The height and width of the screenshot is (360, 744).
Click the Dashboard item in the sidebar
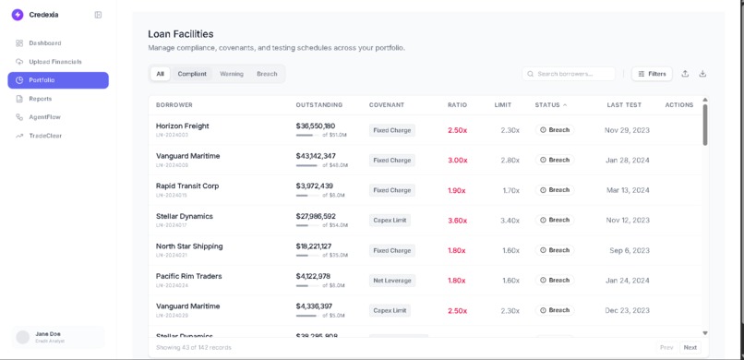[44, 43]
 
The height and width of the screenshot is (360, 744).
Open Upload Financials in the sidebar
[54, 62]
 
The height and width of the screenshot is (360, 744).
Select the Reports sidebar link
[40, 99]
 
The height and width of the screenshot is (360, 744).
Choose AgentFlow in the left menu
[44, 117]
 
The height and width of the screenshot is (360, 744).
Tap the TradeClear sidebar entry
[45, 136]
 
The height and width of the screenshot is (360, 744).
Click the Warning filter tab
[232, 74]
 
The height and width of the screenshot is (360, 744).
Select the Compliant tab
[192, 74]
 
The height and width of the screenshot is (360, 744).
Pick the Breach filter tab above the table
[267, 74]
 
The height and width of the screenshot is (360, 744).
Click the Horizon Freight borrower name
[182, 126]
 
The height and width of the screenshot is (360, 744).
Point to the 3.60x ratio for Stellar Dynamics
[457, 221]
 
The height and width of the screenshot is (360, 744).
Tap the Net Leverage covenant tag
[392, 281]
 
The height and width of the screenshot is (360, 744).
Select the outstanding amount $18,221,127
[315, 246]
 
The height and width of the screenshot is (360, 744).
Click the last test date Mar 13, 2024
[627, 190]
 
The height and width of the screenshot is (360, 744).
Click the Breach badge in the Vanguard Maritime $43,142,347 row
[555, 161]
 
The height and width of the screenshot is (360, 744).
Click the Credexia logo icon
[18, 15]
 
